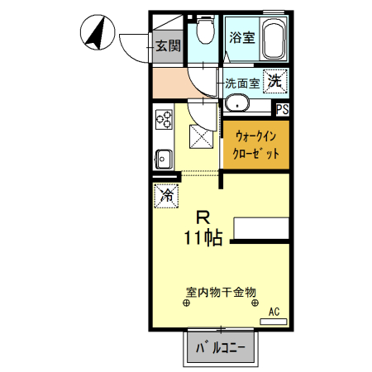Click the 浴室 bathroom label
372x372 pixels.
[241, 36]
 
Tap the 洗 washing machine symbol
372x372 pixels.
[275, 81]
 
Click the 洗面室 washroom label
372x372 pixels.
[243, 83]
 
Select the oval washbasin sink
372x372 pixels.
[237, 105]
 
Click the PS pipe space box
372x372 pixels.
[282, 109]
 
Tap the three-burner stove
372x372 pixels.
[162, 119]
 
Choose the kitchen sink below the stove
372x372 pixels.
[162, 156]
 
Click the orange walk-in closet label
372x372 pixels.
[255, 144]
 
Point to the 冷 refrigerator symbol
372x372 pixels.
[166, 196]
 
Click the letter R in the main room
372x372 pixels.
[202, 217]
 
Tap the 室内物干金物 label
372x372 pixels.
[221, 292]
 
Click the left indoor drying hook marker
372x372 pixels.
[185, 303]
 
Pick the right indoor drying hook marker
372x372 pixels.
[255, 303]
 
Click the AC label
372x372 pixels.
[274, 312]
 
